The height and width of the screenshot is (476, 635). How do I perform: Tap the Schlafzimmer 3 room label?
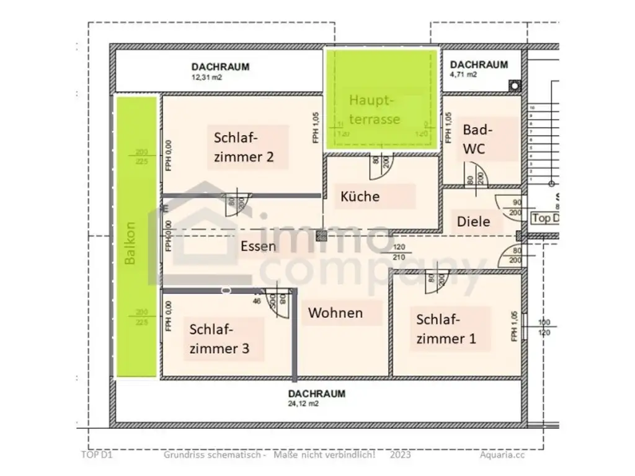(220, 338)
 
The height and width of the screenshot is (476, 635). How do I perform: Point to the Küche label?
(360, 196)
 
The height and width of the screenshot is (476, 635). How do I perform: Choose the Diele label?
(474, 221)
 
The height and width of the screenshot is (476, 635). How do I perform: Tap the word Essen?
(258, 246)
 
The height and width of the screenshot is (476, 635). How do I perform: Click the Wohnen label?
(335, 312)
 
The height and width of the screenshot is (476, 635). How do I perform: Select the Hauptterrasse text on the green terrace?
(375, 109)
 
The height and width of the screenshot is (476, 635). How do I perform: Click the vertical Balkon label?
(130, 244)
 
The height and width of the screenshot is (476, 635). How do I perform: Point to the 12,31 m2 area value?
(206, 78)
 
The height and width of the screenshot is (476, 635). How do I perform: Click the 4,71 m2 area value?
(463, 75)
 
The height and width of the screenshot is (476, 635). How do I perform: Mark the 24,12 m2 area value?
(304, 403)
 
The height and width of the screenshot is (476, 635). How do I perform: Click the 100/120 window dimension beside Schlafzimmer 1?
(544, 327)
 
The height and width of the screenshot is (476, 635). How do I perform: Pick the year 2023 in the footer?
(401, 454)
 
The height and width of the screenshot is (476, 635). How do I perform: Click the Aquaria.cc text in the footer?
(502, 454)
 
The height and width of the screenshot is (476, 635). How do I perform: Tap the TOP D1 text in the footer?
(95, 454)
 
